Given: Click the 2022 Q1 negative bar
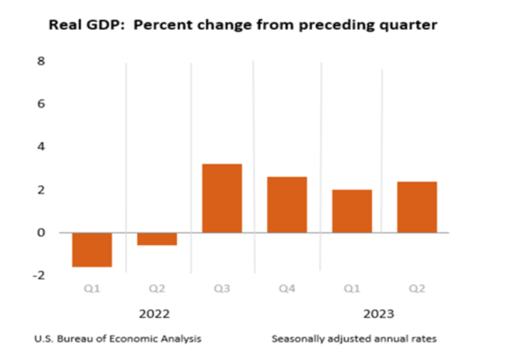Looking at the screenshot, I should [92, 249].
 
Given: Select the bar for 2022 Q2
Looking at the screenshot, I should [157, 239].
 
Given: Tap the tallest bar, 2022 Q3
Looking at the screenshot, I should [222, 198].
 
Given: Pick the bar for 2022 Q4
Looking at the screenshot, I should [287, 205].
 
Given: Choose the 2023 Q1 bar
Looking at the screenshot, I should [352, 211].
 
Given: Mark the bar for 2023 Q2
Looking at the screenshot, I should [417, 207].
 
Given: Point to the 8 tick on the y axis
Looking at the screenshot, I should [41, 61].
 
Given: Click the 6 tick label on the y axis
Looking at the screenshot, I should [41, 104].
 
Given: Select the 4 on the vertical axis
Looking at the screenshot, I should [41, 147].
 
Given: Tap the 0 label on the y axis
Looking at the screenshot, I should [41, 233].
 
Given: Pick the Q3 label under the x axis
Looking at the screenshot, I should [222, 289].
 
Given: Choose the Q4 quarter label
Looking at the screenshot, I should [287, 289].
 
